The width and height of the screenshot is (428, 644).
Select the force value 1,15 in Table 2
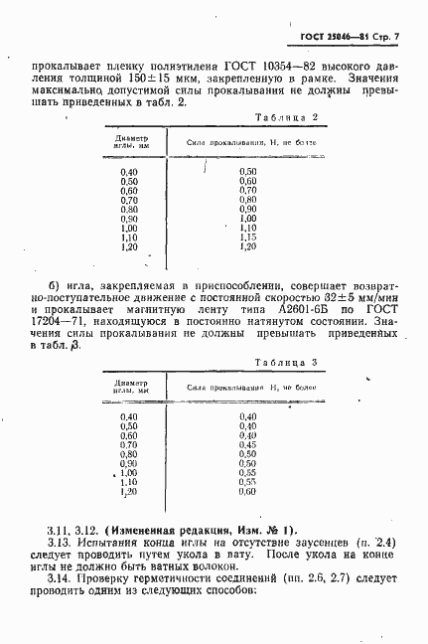(248, 237)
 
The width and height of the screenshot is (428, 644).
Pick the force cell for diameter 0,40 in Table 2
(248, 172)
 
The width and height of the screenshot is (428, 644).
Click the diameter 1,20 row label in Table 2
(129, 245)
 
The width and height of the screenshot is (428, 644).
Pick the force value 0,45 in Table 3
(248, 444)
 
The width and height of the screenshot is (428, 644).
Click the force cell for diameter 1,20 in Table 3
(248, 491)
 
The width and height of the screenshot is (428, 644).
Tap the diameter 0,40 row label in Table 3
(129, 416)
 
